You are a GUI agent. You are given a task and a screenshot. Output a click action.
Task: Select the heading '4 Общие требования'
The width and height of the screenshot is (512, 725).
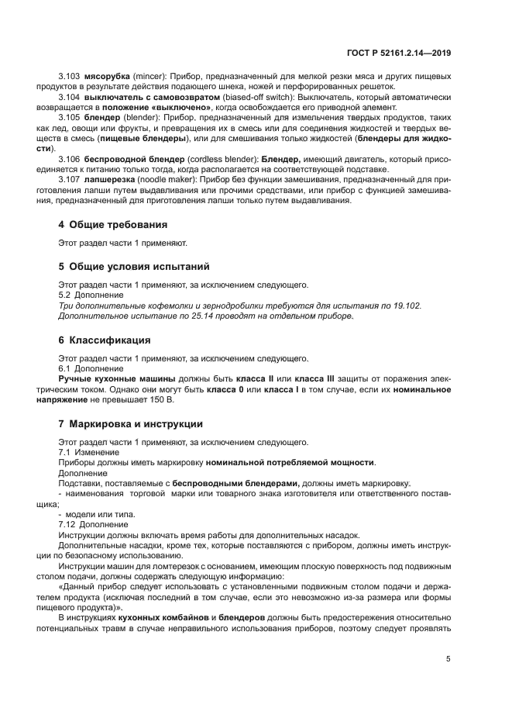112,226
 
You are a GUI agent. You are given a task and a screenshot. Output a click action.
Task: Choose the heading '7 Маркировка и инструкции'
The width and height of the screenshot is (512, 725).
131,424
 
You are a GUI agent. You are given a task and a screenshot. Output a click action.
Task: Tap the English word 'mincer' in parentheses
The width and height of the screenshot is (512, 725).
146,78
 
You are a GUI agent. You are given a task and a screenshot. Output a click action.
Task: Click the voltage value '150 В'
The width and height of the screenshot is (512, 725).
161,399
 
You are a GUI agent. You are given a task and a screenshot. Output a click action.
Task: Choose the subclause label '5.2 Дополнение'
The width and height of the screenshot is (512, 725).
91,295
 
